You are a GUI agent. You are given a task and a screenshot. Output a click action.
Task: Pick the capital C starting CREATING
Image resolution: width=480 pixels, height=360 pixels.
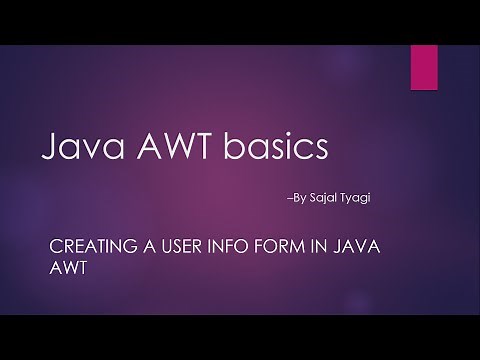[x=55, y=245]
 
